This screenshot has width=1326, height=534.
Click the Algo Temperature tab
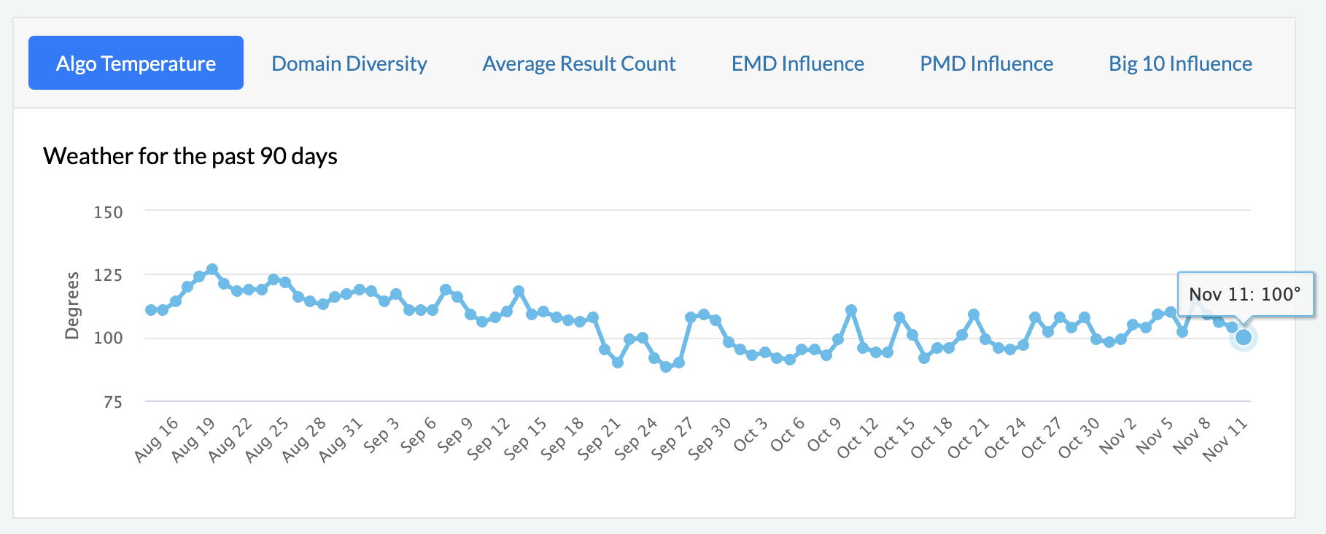[136, 63]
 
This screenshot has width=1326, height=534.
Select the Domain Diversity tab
[349, 63]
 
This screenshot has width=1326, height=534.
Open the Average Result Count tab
[579, 63]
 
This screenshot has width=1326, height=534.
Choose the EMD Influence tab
[797, 63]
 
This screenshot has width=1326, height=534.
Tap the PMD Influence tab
[986, 63]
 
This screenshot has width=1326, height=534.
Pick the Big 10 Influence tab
[1180, 63]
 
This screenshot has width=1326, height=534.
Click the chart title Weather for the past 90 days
[190, 156]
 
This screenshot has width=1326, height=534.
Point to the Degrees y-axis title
[71, 305]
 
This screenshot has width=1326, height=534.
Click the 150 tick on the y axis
[108, 212]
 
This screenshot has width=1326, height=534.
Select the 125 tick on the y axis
[108, 275]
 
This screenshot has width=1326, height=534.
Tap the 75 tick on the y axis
[112, 402]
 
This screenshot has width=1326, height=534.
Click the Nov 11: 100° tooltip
[1244, 294]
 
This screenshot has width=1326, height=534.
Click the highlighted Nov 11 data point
[1244, 337]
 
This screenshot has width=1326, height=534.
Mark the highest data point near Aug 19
[212, 270]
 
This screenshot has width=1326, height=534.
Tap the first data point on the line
[151, 310]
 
